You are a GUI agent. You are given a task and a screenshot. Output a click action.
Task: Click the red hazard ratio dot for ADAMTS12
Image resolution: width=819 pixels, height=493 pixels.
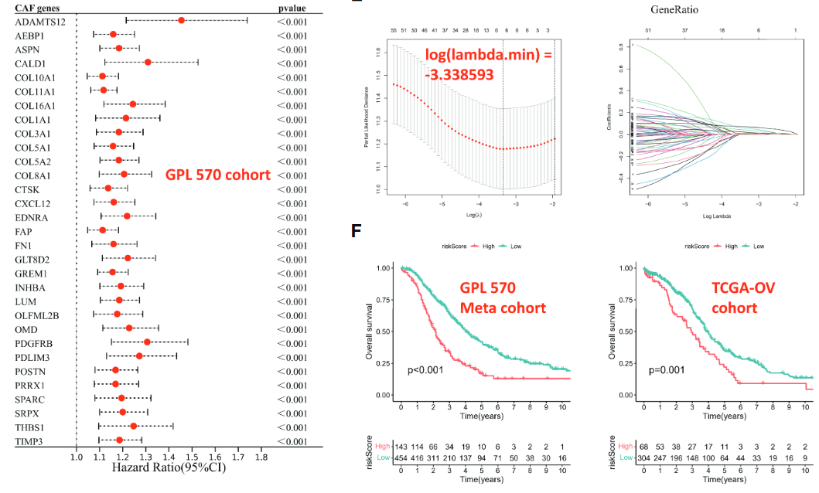tap(181, 20)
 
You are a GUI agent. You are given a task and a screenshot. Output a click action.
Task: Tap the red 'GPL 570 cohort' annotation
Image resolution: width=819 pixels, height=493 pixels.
tap(218, 175)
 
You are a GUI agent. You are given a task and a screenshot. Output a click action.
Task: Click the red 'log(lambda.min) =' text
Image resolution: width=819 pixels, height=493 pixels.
tap(487, 56)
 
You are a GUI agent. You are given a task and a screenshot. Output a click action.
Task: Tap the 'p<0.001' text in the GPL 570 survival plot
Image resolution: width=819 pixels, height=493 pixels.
tap(425, 369)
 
